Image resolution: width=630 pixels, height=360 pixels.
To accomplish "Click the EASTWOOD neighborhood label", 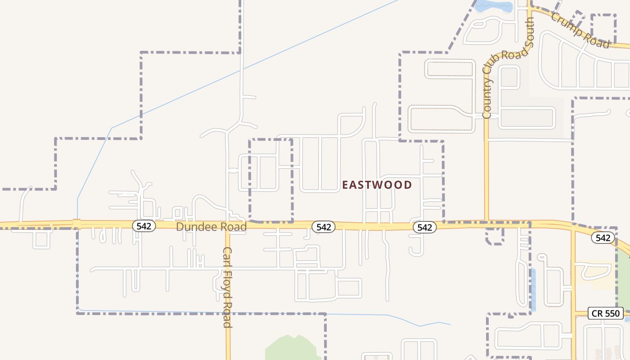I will (377, 185).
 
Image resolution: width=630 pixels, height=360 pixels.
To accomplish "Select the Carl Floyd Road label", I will (228, 287).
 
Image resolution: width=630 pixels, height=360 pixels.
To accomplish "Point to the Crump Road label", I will (580, 31).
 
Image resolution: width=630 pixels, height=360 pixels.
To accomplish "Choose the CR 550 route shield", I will (606, 313).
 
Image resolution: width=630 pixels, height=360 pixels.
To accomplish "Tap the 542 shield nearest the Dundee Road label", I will (144, 226).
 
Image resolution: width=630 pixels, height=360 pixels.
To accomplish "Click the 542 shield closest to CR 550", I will (603, 238).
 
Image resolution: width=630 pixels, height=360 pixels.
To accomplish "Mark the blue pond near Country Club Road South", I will (494, 6).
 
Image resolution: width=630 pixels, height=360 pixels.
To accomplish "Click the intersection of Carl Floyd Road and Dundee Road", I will (228, 225).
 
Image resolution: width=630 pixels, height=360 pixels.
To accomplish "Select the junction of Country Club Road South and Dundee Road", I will (486, 222).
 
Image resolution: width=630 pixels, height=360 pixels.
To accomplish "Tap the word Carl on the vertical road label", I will (228, 256).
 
